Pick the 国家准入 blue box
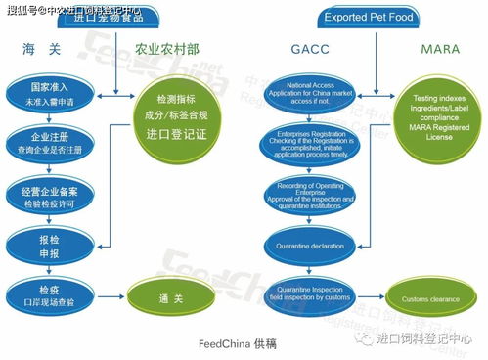(45, 94)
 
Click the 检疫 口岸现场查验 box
(45, 292)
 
